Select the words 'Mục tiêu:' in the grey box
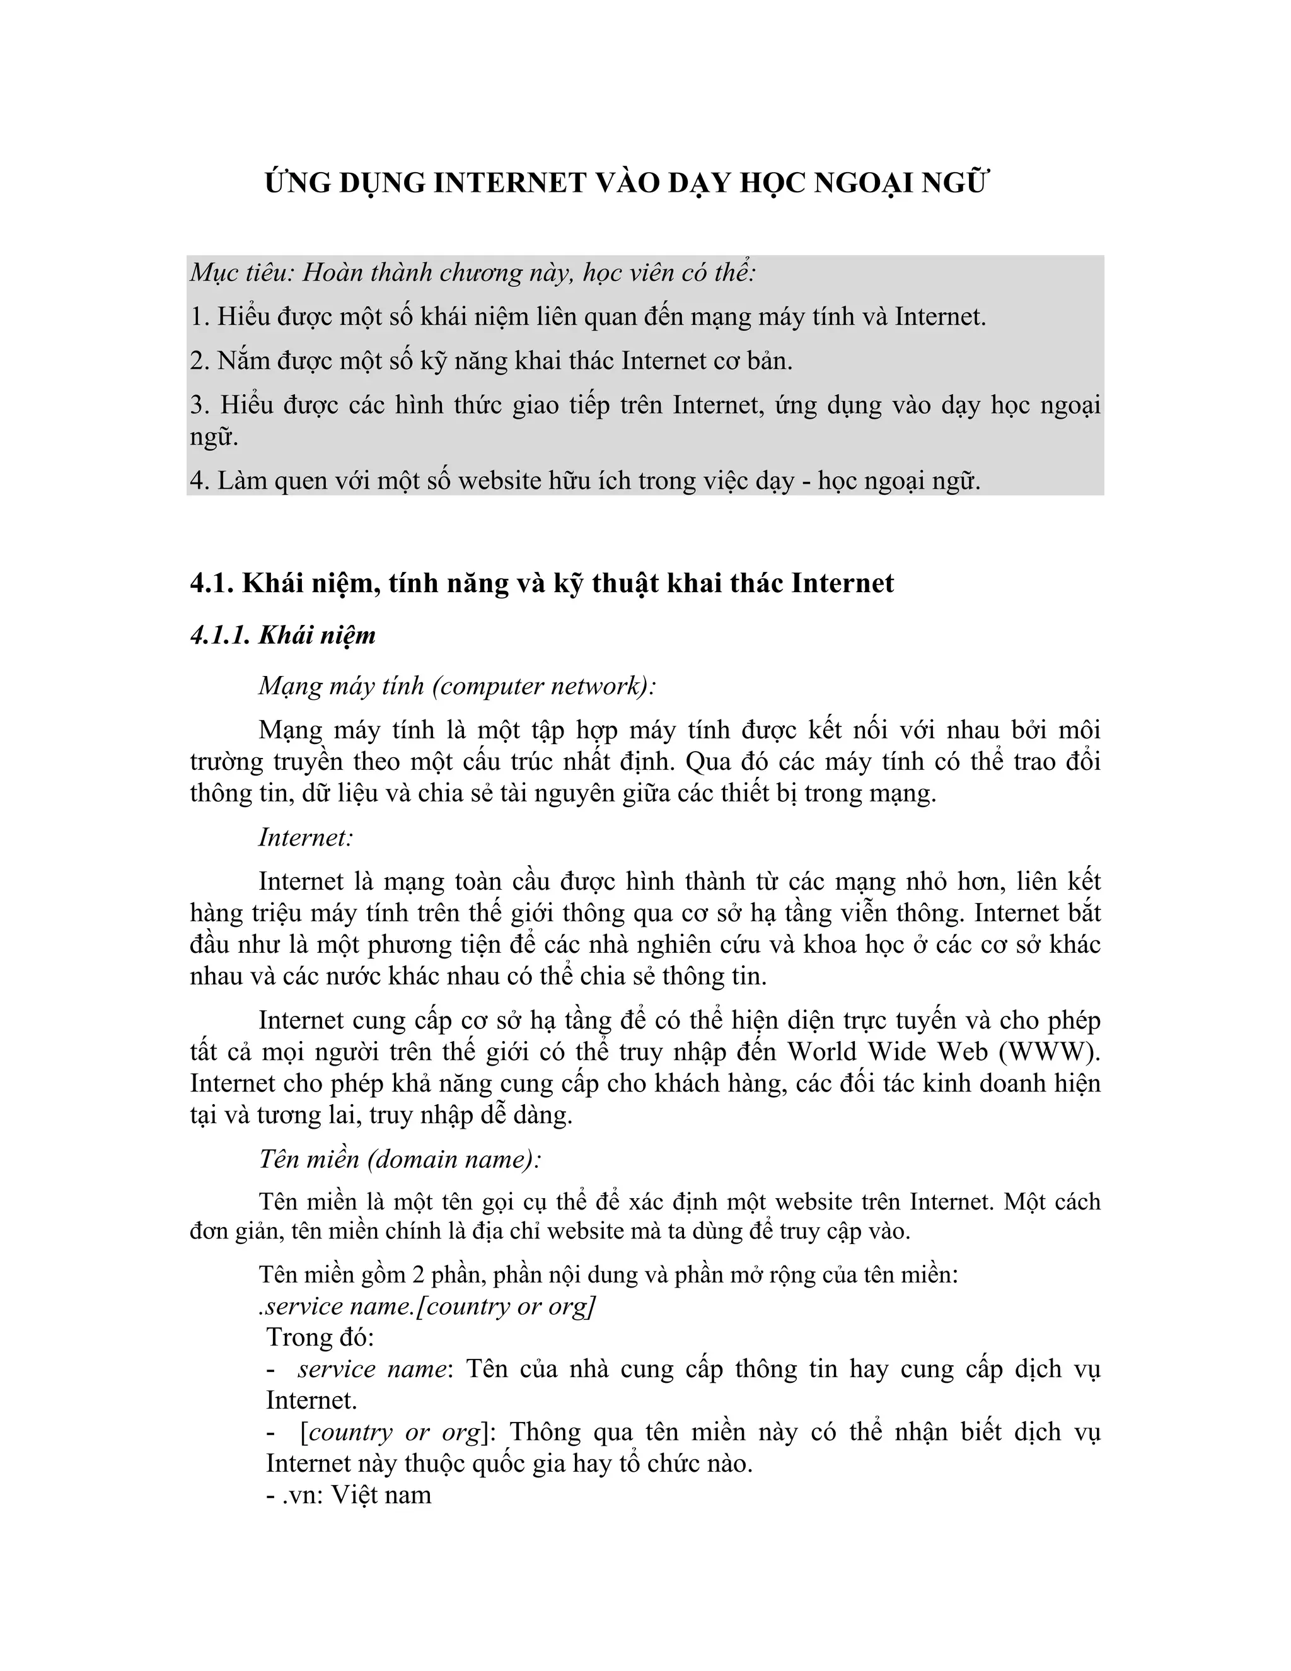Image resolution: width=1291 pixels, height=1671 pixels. tap(241, 272)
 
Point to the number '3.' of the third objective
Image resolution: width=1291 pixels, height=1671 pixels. tap(200, 405)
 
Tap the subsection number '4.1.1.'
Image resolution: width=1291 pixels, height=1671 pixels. tap(220, 635)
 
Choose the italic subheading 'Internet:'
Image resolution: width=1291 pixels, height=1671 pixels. tap(305, 837)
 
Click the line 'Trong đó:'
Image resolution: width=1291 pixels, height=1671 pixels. tap(320, 1337)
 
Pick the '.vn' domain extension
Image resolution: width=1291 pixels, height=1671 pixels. tap(301, 1494)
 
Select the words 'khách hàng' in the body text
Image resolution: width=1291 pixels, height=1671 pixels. tap(720, 1083)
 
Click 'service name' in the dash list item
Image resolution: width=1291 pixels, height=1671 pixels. tap(372, 1368)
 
